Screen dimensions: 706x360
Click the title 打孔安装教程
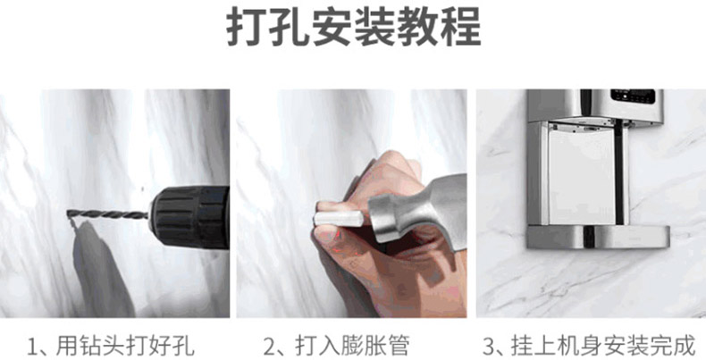(354, 26)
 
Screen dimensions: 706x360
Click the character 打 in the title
(247, 26)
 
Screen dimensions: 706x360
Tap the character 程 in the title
(460, 26)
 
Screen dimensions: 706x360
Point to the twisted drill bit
(108, 214)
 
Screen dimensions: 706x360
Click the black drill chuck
(189, 217)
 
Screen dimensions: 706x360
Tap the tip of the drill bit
(68, 213)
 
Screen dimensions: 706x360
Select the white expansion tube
(339, 219)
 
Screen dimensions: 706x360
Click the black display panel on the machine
(633, 96)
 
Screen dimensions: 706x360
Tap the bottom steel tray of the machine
(598, 237)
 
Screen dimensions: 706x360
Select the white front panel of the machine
(582, 175)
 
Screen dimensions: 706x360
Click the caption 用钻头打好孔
(125, 346)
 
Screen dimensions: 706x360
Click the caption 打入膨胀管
(352, 346)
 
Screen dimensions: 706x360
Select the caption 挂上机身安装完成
(603, 346)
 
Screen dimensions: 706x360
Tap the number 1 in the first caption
(32, 347)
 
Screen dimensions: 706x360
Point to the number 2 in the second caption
(269, 347)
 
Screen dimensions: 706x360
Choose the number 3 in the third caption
(489, 347)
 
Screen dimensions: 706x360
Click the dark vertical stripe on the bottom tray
(588, 237)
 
